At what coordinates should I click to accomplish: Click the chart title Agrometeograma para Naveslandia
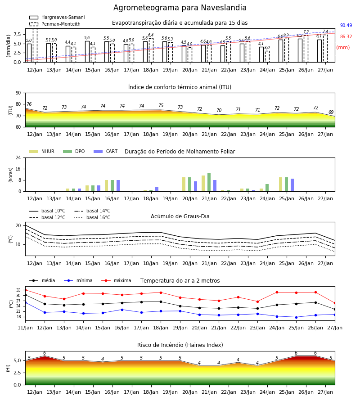point(180,8)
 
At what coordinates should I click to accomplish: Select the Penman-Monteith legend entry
point(55,24)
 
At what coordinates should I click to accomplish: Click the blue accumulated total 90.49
point(346,25)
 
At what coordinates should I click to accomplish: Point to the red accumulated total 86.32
point(346,37)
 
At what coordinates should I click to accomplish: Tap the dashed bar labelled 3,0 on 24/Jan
point(267,57)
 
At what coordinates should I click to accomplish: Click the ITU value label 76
point(29,104)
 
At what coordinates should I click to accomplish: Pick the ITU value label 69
point(331,112)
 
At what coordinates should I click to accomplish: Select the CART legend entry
point(105,151)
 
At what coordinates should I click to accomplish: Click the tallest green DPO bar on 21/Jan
point(209,182)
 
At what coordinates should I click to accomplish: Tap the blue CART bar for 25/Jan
point(292,185)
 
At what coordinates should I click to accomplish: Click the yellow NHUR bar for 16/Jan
point(106,186)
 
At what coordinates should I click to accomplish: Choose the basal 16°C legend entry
point(92,217)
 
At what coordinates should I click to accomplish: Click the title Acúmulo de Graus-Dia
point(180,216)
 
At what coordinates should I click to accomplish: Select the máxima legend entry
point(116,280)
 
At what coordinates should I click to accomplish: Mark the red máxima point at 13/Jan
point(64,299)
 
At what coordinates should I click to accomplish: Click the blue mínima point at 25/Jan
point(296,317)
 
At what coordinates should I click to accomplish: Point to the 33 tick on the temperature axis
point(18,290)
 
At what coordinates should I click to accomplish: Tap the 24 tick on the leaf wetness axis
point(18,157)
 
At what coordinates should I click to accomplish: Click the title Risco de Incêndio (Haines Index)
point(180,345)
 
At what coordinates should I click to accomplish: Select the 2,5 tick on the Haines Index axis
point(17,373)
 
